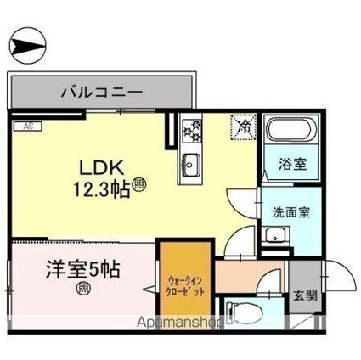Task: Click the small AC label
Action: click(26, 127)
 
